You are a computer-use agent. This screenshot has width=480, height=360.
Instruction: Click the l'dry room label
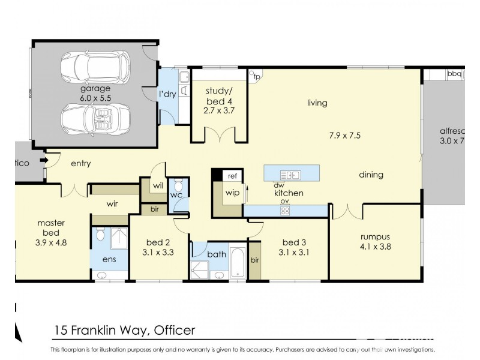coord(167,94)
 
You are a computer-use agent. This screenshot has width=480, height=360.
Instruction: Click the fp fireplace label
coord(257,77)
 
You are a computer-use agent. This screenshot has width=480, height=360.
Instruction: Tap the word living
coord(317,103)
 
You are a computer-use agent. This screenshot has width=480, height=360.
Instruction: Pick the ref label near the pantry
coord(231,176)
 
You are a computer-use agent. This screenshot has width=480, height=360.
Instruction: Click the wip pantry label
coord(232,193)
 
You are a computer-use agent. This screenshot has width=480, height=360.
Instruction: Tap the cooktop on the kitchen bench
coord(286,210)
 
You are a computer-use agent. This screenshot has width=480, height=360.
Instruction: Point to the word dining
coord(371,175)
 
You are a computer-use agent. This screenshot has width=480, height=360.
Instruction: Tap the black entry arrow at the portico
coord(43,161)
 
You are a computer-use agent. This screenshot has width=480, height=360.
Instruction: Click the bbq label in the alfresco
coord(454,74)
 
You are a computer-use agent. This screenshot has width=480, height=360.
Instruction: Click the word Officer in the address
coord(175,329)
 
